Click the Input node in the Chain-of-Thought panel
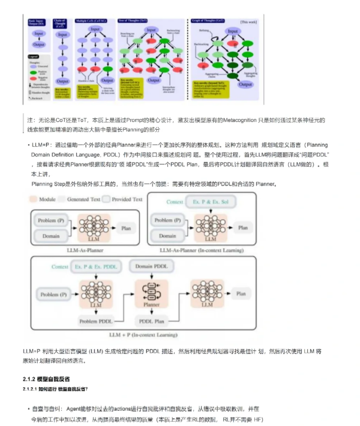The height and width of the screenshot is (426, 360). pos(63,34)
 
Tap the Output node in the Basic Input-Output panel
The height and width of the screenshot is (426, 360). pos(39,44)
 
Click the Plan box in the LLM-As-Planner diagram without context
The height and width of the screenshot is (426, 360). pos(125,228)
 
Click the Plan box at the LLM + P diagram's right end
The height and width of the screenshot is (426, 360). pos(240,293)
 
